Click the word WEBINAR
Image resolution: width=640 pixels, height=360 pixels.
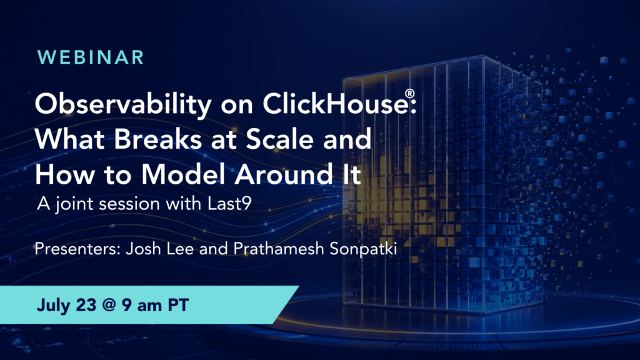click(91, 57)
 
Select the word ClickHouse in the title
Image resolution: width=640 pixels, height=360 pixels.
click(335, 103)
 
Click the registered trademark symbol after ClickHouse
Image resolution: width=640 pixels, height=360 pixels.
click(410, 94)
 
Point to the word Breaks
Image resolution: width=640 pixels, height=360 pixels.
click(158, 139)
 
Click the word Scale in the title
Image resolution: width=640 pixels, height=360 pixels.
click(281, 139)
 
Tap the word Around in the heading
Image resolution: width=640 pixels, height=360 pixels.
click(284, 174)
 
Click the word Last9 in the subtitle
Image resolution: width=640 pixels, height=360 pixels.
click(229, 203)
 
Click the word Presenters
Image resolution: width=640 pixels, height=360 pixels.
click(77, 249)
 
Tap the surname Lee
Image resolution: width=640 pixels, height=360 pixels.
click(180, 249)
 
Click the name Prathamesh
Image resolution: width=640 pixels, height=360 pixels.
click(279, 249)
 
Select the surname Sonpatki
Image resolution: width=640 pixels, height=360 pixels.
click(363, 249)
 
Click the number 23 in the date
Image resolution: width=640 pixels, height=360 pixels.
click(86, 305)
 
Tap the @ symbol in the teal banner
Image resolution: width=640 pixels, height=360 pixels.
click(109, 305)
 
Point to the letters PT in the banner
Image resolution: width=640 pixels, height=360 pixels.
click(178, 305)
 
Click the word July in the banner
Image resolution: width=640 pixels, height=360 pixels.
click(54, 306)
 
